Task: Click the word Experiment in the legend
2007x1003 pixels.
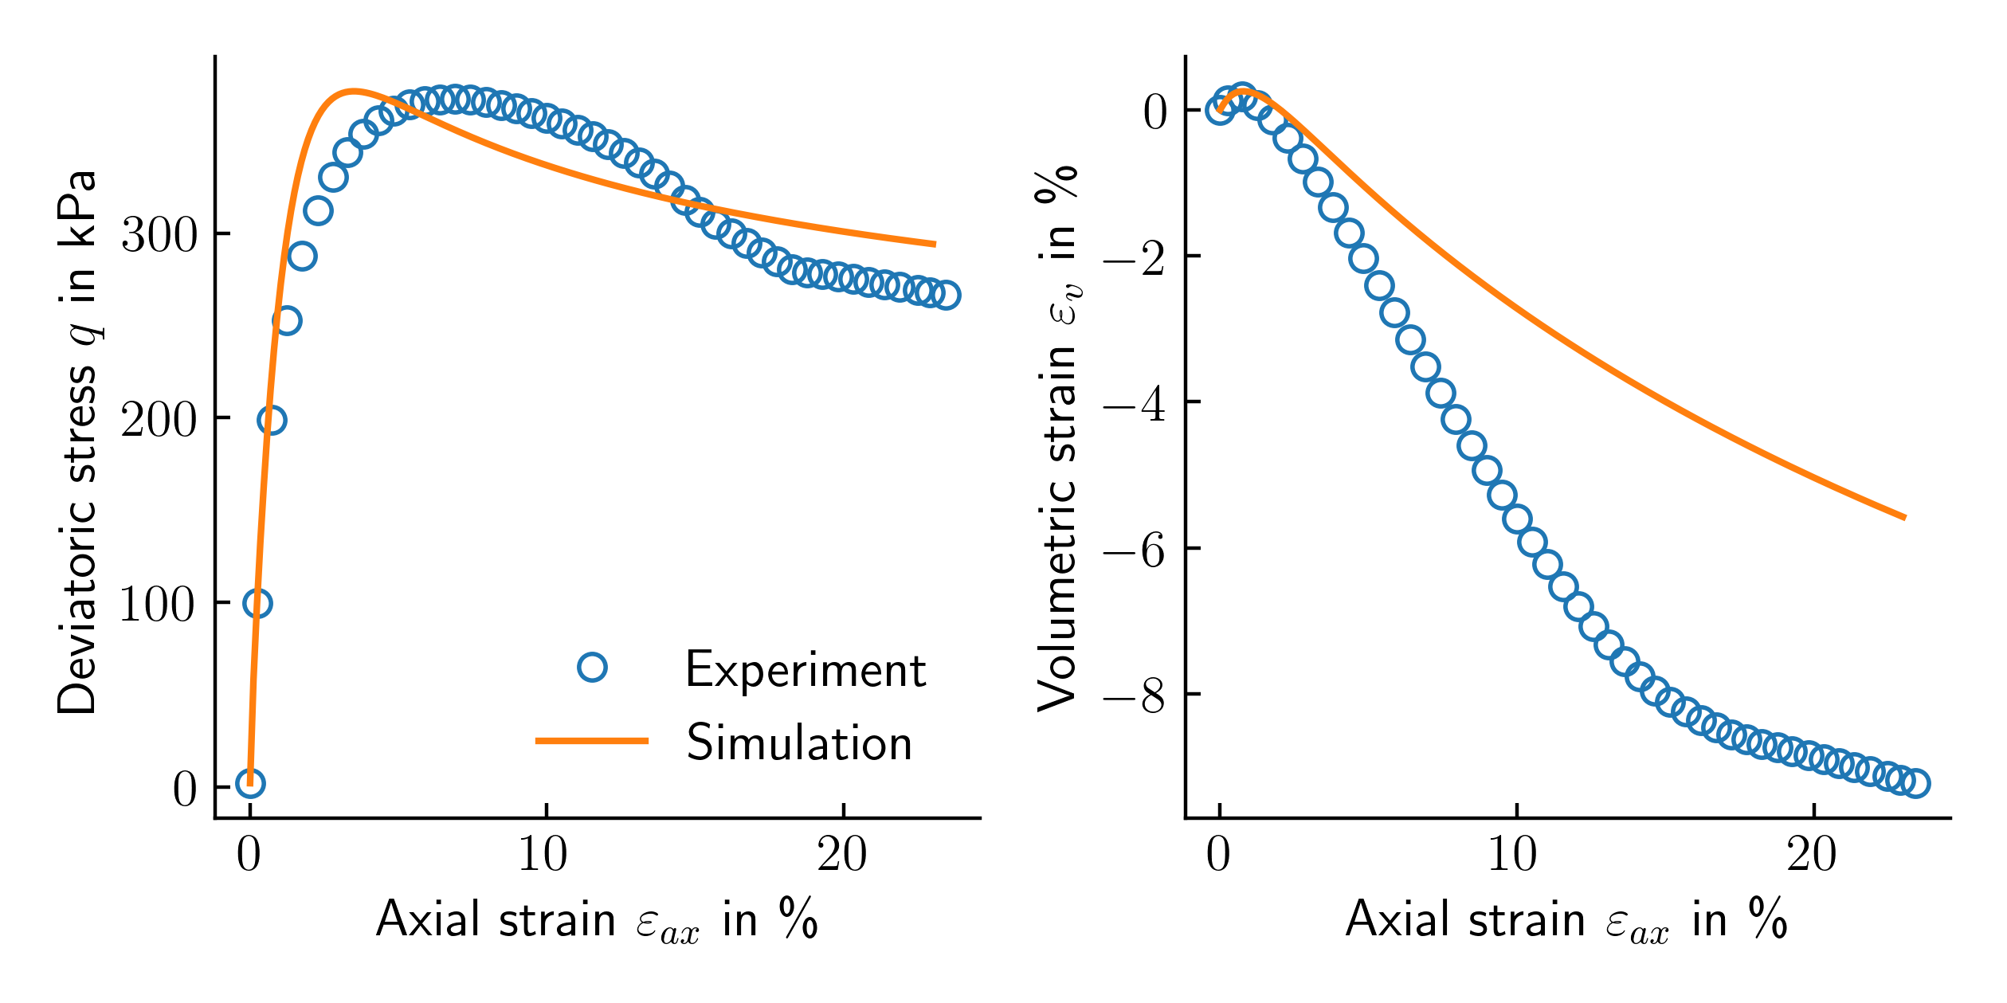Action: (805, 671)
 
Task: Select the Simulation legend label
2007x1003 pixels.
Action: (799, 743)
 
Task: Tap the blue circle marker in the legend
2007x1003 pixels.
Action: (592, 667)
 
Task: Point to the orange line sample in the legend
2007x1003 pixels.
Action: (592, 741)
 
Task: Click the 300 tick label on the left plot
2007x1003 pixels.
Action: (159, 235)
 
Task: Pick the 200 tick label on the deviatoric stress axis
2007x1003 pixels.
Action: (159, 419)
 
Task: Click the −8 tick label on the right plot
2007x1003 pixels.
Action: (1134, 695)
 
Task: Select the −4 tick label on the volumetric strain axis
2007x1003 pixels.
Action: (1134, 404)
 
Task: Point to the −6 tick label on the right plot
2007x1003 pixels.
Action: (1134, 550)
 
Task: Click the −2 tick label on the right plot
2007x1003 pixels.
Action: (1134, 257)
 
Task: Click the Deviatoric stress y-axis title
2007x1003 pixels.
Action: (78, 443)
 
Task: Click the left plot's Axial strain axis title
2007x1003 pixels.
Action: (597, 920)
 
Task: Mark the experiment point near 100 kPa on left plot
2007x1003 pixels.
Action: (257, 604)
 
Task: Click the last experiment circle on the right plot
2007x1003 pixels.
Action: (1916, 784)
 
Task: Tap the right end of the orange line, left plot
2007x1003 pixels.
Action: (935, 244)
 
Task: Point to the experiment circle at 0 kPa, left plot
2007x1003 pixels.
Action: (250, 784)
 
